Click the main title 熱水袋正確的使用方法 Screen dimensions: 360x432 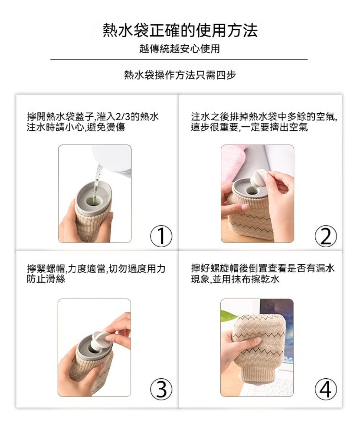pos(180,31)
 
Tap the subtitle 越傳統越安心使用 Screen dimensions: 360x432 pos(179,49)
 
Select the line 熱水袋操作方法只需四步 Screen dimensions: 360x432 pos(180,75)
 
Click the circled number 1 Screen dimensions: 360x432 pos(161,236)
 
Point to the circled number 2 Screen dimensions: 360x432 pos(326,236)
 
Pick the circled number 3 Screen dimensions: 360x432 pos(161,389)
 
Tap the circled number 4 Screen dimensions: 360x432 pos(326,389)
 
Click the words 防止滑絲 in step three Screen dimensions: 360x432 pos(46,279)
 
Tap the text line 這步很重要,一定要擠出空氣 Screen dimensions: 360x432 pos(249,127)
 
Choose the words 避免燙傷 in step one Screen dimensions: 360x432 pos(106,127)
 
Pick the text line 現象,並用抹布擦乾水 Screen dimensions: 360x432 pos(235,279)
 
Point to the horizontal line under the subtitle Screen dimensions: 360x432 pos(179,59)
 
